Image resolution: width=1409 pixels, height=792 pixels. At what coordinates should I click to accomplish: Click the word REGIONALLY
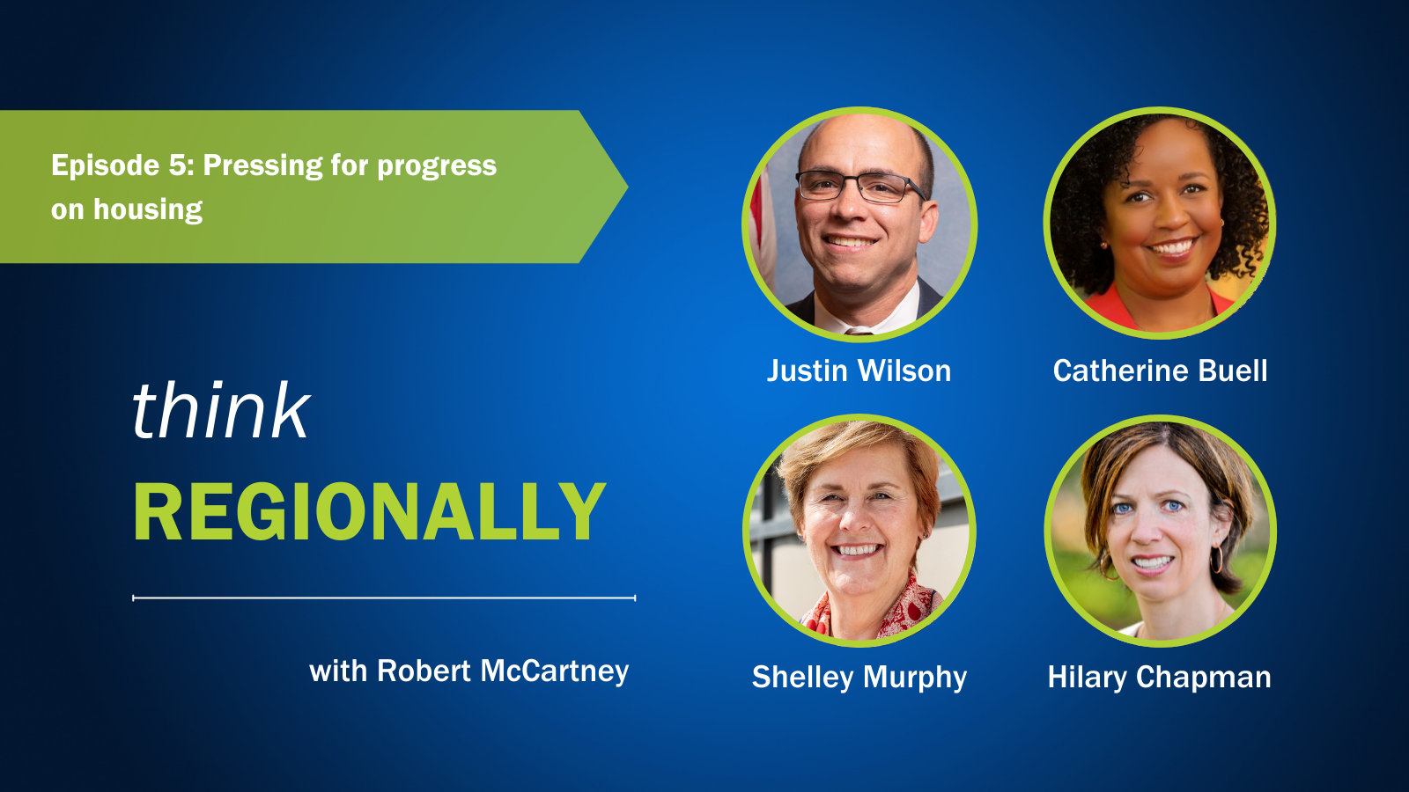(x=370, y=511)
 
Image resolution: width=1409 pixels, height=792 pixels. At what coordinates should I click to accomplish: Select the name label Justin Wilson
(x=859, y=370)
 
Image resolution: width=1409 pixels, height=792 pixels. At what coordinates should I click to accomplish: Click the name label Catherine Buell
(x=1160, y=370)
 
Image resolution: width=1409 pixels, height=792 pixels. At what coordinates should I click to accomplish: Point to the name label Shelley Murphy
(x=859, y=678)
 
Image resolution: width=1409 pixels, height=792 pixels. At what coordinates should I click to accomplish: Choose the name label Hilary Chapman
(x=1159, y=678)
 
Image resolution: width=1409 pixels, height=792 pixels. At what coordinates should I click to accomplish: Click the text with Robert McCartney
(x=468, y=672)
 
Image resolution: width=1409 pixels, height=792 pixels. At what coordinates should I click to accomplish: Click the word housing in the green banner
(x=148, y=210)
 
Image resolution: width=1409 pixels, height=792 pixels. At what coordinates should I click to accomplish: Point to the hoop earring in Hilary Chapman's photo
(x=1216, y=559)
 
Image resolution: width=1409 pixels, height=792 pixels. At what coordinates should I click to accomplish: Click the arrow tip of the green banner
(x=628, y=186)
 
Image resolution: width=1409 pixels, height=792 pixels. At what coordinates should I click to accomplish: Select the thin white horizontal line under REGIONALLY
(x=384, y=598)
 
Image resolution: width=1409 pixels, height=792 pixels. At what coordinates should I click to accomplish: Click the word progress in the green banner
(x=437, y=166)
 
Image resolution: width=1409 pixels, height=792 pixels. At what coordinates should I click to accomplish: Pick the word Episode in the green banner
(x=106, y=166)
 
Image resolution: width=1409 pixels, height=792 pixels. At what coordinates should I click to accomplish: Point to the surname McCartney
(x=555, y=672)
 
